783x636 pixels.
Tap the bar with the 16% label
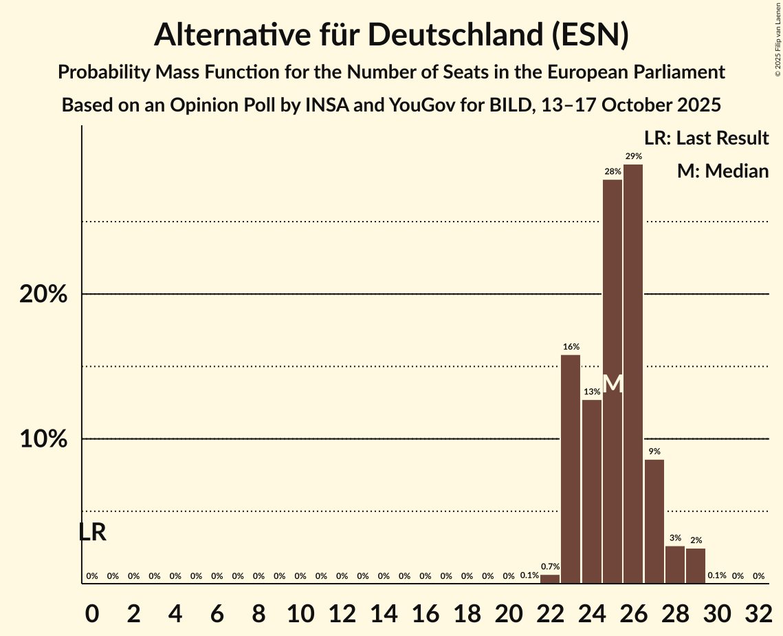(x=571, y=469)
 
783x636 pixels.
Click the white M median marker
(x=613, y=384)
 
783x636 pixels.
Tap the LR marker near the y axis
(x=92, y=532)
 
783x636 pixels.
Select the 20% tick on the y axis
(x=43, y=295)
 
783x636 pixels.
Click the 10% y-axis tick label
(x=43, y=439)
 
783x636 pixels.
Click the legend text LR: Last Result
(x=706, y=138)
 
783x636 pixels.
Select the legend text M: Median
(x=723, y=171)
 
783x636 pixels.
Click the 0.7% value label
(x=550, y=566)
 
